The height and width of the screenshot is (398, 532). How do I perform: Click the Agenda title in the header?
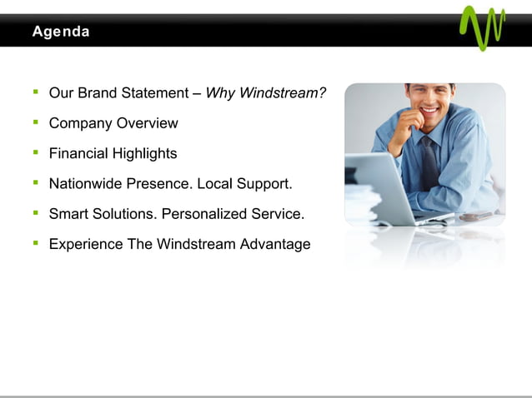(60, 32)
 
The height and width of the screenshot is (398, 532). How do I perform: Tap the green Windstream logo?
(482, 27)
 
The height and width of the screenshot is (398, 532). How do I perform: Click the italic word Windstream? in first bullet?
(283, 93)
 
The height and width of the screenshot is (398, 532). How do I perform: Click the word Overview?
(147, 123)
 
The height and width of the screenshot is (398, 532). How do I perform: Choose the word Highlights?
(147, 154)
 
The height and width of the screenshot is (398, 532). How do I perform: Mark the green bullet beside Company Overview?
(36, 123)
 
